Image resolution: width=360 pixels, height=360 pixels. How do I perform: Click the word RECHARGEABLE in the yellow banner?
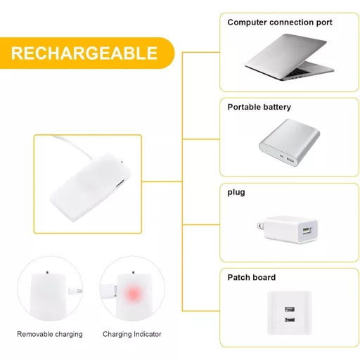point(84,53)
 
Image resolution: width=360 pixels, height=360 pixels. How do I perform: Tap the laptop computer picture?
point(290,57)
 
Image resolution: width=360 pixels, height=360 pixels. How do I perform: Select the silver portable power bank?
point(290,142)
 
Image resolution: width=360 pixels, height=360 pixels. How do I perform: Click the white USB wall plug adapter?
point(288,229)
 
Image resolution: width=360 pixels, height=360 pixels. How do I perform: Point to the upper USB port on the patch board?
point(290,309)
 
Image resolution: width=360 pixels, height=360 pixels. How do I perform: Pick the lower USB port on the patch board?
point(290,320)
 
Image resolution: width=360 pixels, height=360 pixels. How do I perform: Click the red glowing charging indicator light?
point(133,293)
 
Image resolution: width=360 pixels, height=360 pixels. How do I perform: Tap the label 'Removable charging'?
point(50,334)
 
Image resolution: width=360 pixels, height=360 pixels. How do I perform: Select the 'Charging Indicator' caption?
point(132,334)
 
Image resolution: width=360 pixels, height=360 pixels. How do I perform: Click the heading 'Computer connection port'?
point(280,22)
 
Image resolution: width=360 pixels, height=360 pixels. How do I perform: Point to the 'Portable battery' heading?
point(259,107)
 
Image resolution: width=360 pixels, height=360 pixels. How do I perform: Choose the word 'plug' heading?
point(236,193)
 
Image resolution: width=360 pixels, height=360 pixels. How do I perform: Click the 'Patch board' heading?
point(252,278)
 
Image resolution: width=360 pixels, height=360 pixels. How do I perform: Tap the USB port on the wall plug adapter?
point(307,231)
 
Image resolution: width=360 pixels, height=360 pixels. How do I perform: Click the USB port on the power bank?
point(290,160)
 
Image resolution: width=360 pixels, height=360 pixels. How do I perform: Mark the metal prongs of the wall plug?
point(260,226)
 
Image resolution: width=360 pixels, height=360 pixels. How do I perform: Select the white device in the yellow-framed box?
point(91,187)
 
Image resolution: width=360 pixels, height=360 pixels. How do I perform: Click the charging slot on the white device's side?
point(120,184)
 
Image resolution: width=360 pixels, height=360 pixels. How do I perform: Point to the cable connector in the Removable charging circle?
point(75,292)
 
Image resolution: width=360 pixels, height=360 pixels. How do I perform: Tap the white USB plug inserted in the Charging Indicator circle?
point(108,290)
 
